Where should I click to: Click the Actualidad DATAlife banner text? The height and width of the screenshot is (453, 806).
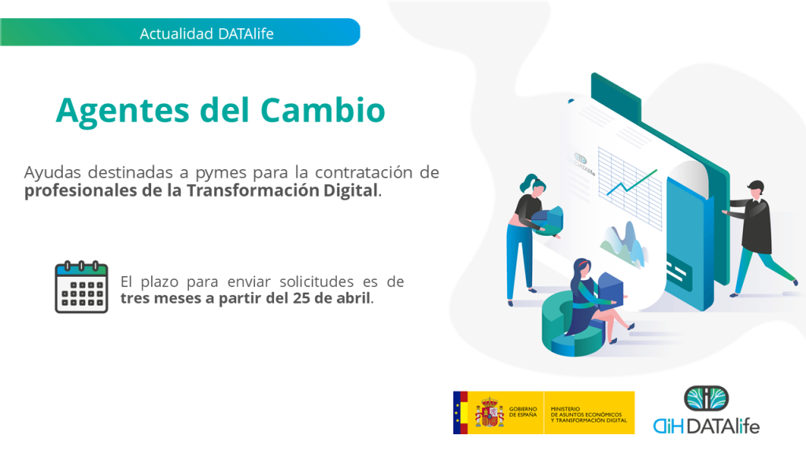(x=207, y=34)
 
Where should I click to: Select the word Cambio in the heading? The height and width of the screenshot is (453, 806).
(x=323, y=110)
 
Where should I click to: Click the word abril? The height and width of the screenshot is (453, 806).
(x=353, y=298)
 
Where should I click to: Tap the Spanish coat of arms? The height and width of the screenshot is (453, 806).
(x=490, y=412)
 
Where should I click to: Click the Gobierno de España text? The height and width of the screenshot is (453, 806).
(x=523, y=412)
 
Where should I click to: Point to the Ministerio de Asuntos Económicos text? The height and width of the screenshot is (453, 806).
(x=589, y=414)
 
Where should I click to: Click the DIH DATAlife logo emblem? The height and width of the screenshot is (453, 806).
(x=706, y=399)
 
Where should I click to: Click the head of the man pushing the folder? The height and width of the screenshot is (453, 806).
(x=756, y=190)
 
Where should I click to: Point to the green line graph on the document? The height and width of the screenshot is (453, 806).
(x=632, y=182)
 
